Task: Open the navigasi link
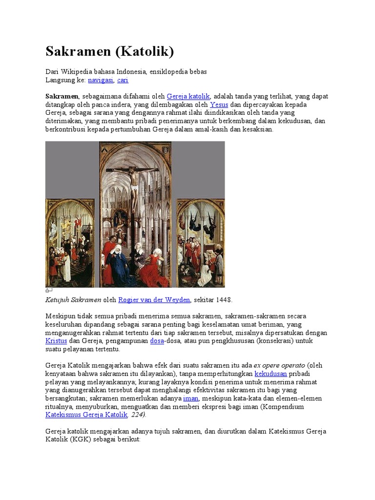click(101, 80)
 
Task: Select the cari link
click(123, 80)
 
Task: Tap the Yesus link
click(219, 104)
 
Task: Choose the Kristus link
click(56, 341)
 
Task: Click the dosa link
click(157, 341)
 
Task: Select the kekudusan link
click(271, 374)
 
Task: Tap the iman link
click(190, 398)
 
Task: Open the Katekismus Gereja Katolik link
click(86, 415)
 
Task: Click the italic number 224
click(137, 415)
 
